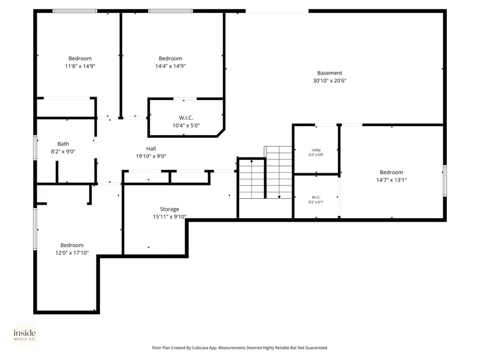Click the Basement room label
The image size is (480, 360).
(x=329, y=73)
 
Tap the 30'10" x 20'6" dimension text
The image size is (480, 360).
(x=329, y=80)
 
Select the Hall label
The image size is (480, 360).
(x=151, y=148)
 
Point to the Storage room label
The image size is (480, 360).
(x=169, y=209)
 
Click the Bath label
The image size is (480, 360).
(x=63, y=144)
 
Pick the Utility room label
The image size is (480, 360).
(x=317, y=150)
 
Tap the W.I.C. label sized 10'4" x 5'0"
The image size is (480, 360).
(x=186, y=118)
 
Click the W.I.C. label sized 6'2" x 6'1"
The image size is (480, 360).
(x=317, y=197)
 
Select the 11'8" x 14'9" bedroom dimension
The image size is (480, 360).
(x=80, y=66)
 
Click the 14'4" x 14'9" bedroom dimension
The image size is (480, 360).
(x=170, y=66)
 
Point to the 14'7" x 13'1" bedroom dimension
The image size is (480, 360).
(x=392, y=180)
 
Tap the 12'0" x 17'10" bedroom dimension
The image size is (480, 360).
(x=72, y=253)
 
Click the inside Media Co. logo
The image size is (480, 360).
(x=24, y=335)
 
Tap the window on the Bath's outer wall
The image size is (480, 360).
(x=35, y=148)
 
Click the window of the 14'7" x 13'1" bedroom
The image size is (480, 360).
(x=445, y=181)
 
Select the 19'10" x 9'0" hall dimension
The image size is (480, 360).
(x=151, y=156)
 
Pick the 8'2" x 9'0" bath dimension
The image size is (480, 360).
(x=63, y=151)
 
